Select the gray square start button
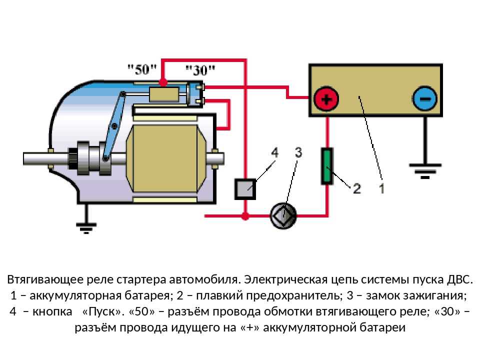245,189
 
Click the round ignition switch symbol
283,216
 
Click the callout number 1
381,188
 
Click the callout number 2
357,188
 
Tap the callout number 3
298,152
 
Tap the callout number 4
274,152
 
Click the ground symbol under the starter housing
87,227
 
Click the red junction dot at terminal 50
162,81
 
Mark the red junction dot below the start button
245,216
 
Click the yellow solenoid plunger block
164,94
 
